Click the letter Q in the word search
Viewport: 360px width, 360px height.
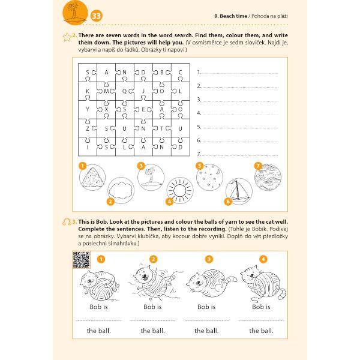(125, 91)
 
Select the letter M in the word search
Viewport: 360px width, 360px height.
(107, 91)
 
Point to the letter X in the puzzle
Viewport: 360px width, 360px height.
(107, 109)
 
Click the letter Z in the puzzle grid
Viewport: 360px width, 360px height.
(88, 128)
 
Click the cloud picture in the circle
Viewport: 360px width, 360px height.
(121, 191)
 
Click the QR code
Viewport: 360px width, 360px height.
(81, 260)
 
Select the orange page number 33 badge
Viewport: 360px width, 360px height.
(97, 16)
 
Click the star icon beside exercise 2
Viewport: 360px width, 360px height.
(67, 37)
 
